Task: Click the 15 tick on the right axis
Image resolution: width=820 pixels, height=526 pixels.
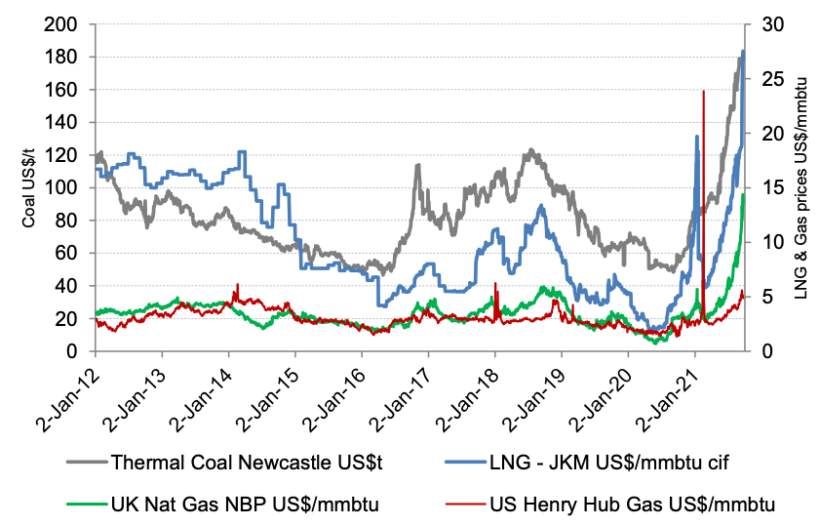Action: tap(765, 187)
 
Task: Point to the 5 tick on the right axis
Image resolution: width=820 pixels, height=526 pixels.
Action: tap(761, 297)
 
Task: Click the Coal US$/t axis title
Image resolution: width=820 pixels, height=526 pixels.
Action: tap(29, 187)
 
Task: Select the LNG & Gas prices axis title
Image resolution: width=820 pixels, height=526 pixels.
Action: tap(803, 187)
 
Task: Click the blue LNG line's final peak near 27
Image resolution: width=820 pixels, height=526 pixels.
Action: tap(743, 51)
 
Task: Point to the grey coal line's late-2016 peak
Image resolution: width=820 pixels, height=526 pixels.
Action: tap(417, 166)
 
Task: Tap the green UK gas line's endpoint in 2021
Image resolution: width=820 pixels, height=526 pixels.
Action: tap(743, 194)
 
